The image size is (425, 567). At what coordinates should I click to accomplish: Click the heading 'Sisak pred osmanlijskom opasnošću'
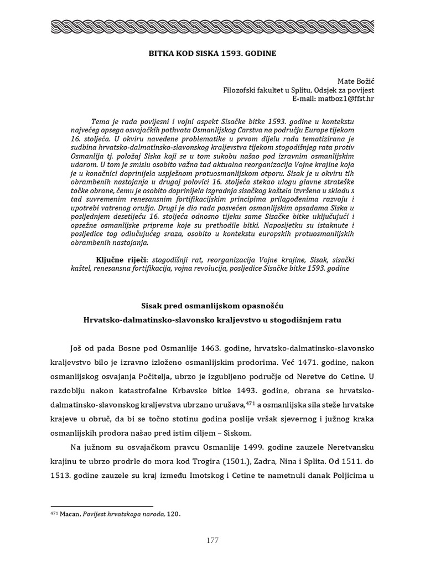click(212, 305)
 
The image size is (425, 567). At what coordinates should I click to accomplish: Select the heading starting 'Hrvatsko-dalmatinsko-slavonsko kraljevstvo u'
click(212, 320)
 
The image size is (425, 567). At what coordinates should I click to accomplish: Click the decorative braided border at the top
click(212, 26)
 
